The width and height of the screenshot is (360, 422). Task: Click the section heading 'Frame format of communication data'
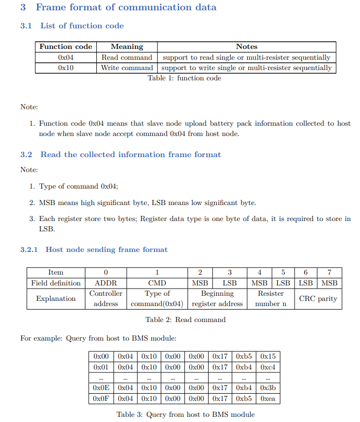pos(126,7)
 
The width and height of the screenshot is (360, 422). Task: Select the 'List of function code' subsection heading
pos(82,26)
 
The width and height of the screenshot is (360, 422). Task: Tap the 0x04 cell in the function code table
pos(66,57)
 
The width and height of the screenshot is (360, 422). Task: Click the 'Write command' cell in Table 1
pos(127,67)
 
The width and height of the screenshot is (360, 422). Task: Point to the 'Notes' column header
pos(247,46)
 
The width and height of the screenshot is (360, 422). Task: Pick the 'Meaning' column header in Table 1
pos(127,46)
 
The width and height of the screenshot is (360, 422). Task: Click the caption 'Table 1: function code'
pos(184,78)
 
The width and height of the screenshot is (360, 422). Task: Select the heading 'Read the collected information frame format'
pos(130,155)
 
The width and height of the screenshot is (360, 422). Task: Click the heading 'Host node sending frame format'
pos(106,249)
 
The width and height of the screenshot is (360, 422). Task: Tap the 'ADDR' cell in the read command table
pos(106,283)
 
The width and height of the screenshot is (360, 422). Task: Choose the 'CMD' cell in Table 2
pos(157,283)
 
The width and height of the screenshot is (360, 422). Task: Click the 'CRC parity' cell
pos(318,298)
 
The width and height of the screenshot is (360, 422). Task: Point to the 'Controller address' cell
pos(106,298)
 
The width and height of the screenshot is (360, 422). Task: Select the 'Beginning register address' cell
pos(217,298)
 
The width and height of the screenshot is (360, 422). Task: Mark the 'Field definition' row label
pos(56,283)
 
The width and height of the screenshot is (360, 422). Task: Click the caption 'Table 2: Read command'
pos(185,320)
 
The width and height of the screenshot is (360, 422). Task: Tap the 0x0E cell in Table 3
pos(101,388)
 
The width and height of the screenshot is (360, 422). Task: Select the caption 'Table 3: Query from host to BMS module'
pos(185,414)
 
